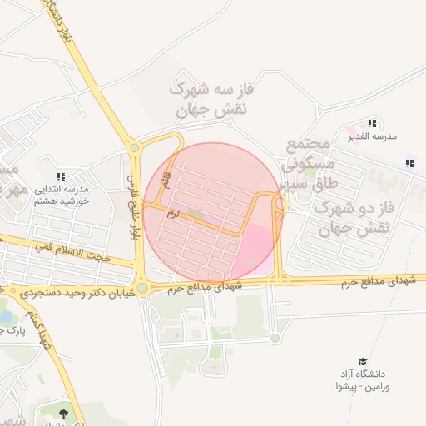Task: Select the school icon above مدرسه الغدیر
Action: (x=371, y=123)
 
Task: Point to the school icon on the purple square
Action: (x=409, y=164)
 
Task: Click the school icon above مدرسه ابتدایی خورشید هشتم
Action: (x=60, y=176)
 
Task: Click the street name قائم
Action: (x=166, y=177)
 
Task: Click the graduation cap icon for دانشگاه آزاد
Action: (x=362, y=361)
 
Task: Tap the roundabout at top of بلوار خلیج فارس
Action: (x=134, y=149)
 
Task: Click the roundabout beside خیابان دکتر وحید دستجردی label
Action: (x=143, y=288)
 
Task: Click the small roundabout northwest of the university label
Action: (x=275, y=338)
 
